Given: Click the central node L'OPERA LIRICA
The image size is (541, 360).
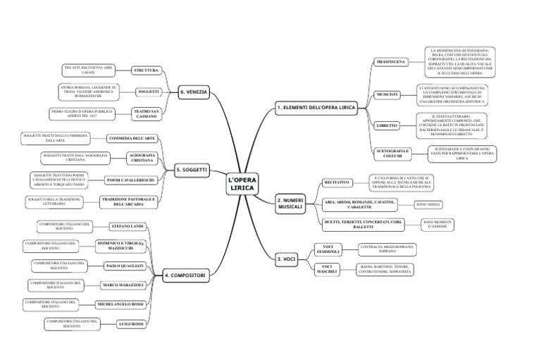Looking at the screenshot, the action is [x=243, y=185].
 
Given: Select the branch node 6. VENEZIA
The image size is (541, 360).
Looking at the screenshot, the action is [x=193, y=92].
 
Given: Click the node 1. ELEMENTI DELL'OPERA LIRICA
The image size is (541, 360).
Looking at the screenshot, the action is [x=316, y=108].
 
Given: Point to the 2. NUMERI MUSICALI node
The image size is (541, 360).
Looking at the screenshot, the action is [x=290, y=203].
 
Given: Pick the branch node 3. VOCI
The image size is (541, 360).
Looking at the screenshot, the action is [x=287, y=259].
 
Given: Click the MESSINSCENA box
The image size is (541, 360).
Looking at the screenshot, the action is [x=390, y=62].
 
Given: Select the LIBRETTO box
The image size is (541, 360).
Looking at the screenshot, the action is [x=387, y=125].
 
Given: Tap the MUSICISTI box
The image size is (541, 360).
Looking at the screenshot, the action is [x=387, y=94].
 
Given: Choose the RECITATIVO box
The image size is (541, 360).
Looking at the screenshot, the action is [x=337, y=182].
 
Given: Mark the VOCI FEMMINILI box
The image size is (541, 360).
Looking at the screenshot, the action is [x=328, y=248].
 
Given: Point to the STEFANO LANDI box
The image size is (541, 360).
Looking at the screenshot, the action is [x=128, y=226].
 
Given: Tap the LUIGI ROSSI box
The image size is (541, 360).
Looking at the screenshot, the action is [x=131, y=323].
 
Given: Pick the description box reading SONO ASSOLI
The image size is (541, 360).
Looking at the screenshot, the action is [x=428, y=204].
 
